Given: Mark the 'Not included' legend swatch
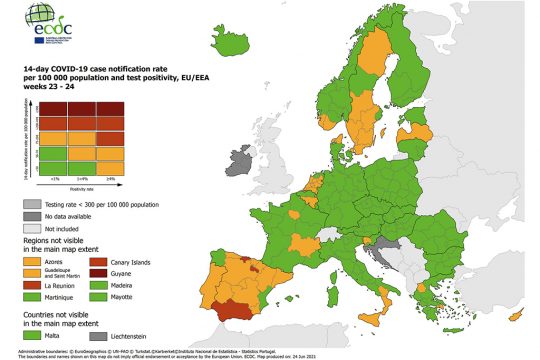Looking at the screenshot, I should pyautogui.click(x=32, y=228).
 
